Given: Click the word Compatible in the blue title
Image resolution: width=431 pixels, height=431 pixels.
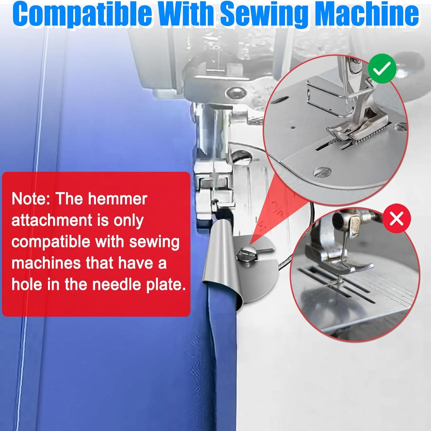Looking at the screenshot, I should (x=82, y=14).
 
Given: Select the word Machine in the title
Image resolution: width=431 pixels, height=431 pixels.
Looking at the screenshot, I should (x=367, y=14).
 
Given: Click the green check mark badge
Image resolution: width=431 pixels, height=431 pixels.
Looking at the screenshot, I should (x=382, y=69).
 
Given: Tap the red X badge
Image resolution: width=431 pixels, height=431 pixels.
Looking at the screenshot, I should (x=397, y=219).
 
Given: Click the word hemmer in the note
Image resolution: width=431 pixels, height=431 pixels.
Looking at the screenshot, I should (x=118, y=199).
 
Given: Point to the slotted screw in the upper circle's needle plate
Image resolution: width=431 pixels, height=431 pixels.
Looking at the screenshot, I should (x=322, y=172).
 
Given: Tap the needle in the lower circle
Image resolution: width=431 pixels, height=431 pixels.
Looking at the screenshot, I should (x=342, y=259).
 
